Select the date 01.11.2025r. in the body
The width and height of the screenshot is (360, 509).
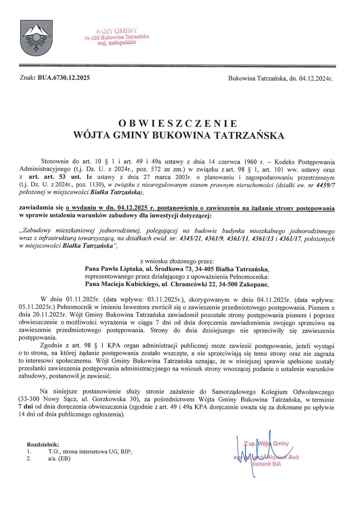82,300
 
